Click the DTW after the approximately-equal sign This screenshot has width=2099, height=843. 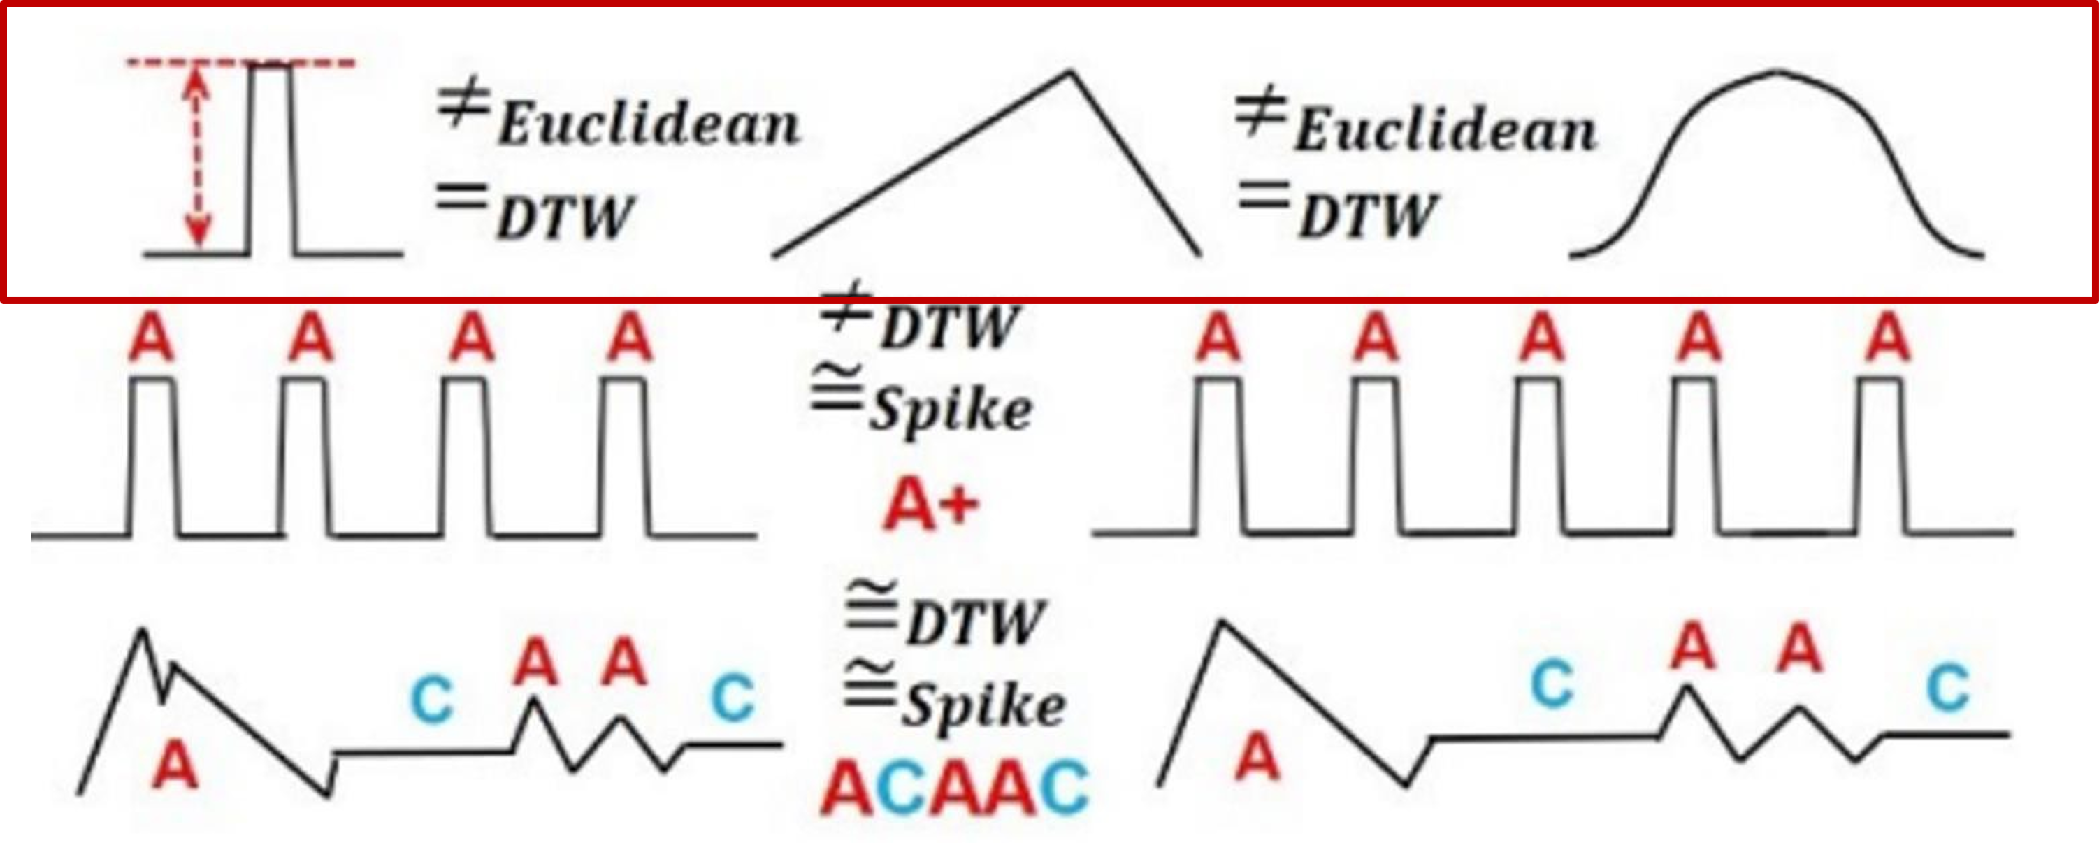pyautogui.click(x=974, y=623)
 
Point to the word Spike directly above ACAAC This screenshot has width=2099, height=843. pyautogui.click(x=983, y=705)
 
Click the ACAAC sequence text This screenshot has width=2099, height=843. pyautogui.click(x=953, y=788)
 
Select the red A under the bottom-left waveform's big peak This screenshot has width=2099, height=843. pyautogui.click(x=175, y=765)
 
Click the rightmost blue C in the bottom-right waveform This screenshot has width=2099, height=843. pyautogui.click(x=1947, y=689)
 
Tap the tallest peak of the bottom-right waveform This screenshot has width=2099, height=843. pyautogui.click(x=1222, y=623)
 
